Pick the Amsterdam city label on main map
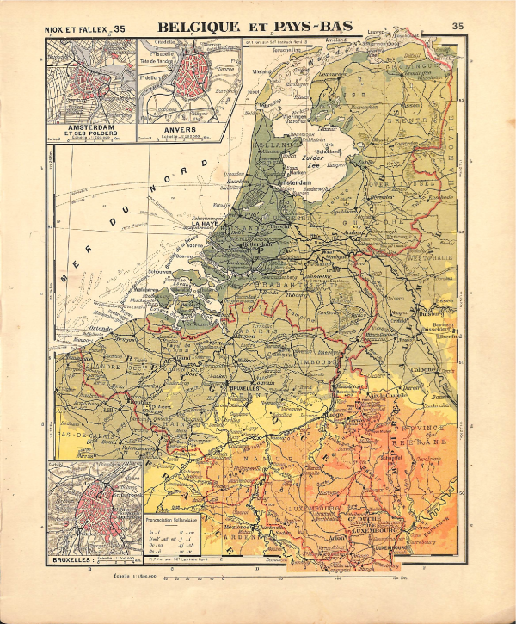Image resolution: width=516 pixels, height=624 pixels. pos(292,182)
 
